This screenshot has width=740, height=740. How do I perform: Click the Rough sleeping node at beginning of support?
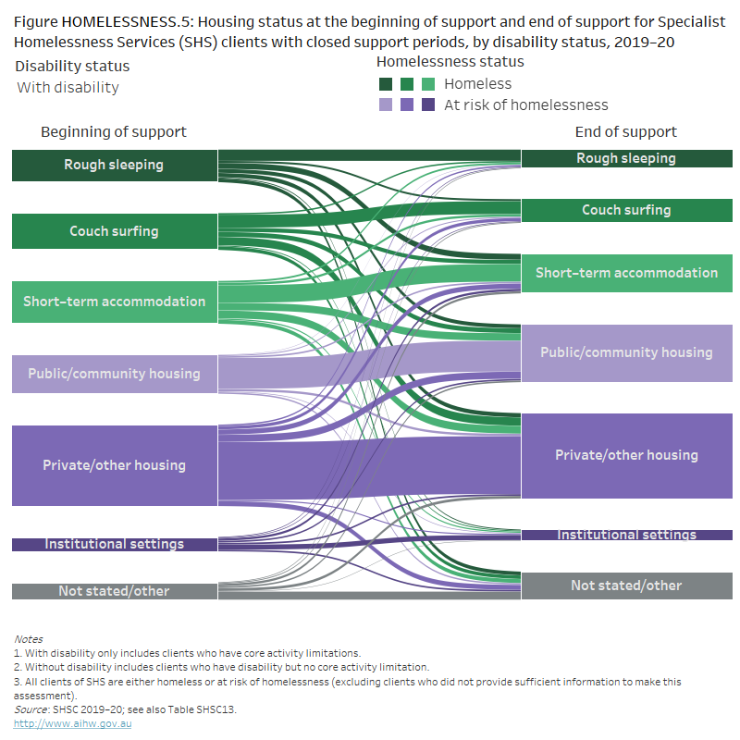coord(114,165)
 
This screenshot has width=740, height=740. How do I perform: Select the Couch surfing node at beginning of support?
coord(114,231)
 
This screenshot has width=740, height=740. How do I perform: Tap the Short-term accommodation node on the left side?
coord(114,302)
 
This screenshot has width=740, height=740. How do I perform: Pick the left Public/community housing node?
coord(114,374)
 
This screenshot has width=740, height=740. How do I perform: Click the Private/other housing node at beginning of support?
coord(114,465)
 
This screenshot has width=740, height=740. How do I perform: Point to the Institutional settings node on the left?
coord(114,544)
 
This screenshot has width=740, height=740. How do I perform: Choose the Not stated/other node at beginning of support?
coord(114,591)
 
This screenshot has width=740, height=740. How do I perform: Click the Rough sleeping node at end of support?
coord(626,158)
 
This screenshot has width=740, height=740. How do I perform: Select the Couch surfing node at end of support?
coord(626,210)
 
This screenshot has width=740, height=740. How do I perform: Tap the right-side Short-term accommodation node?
coord(626,273)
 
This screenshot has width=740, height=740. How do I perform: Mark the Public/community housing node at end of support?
coord(626,352)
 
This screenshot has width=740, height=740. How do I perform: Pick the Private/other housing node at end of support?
coord(626,455)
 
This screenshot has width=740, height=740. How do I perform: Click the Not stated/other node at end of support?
coord(626,586)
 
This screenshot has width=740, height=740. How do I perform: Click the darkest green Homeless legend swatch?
coord(386,84)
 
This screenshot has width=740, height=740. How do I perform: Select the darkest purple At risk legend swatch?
coord(428,105)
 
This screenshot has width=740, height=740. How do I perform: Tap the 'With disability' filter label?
coord(68,88)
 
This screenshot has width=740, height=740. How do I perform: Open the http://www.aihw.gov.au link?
coord(72,723)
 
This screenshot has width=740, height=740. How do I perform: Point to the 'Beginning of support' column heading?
coord(114,132)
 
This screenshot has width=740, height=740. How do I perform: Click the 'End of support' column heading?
coord(626,132)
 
